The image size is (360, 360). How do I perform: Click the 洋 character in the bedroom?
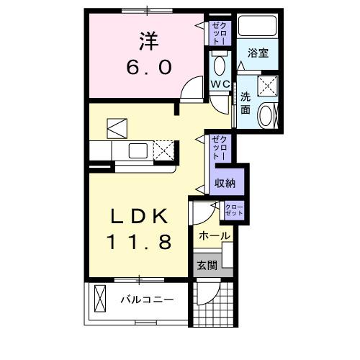point(149,41)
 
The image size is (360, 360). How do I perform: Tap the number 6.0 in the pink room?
point(149,68)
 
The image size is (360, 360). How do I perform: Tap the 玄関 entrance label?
point(206,264)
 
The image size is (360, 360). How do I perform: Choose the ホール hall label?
point(215,235)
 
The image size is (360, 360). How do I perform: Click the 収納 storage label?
point(225,183)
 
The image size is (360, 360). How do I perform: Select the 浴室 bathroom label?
point(258,53)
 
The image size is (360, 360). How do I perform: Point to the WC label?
point(220,84)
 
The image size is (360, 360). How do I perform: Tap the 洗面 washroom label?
point(246,103)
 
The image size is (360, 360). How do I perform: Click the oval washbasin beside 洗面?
point(266,115)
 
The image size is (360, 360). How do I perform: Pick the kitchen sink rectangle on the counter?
point(137,151)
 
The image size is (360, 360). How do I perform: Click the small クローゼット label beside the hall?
point(234,210)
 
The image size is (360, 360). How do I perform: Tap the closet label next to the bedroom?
point(220,32)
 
